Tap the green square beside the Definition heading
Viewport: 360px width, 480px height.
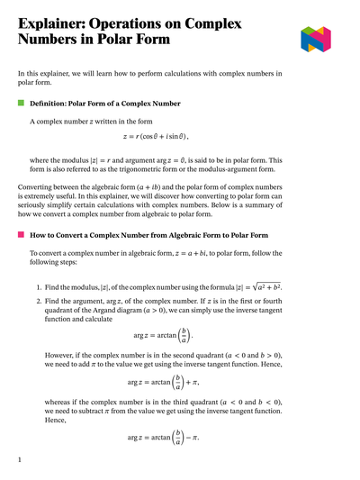click(x=21, y=104)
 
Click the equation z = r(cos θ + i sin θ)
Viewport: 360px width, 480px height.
click(x=180, y=137)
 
